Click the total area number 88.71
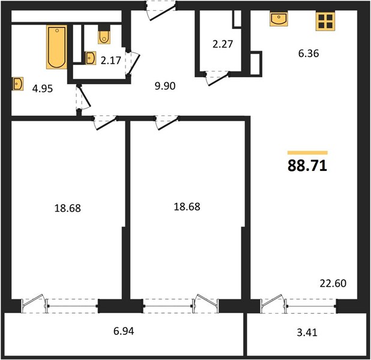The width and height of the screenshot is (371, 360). pos(307,166)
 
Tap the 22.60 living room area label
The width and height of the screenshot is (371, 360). pos(333,283)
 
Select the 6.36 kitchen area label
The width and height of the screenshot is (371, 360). pos(309,53)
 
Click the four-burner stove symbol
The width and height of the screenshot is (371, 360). pos(325,22)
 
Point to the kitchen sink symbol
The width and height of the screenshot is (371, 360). pos(279,19)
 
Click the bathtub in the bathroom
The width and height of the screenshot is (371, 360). pos(56,47)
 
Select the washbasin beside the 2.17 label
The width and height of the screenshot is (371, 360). pos(91,58)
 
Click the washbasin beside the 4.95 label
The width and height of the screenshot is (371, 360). pos(18,84)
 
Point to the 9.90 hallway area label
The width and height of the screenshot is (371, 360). pos(165,86)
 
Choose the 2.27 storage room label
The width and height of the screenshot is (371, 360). pos(223,44)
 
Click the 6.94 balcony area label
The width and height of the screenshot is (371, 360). pos(124,331)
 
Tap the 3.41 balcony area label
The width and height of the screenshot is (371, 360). pos(307,332)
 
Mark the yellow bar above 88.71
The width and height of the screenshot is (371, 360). pos(307,152)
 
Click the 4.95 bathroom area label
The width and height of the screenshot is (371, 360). pos(43,89)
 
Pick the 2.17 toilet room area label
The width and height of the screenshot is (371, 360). pos(110,61)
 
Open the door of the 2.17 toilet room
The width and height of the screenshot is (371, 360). pos(133,64)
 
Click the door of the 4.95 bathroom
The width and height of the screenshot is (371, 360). pos(83,97)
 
